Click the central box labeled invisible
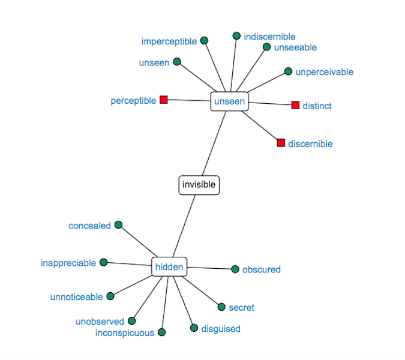(199, 185)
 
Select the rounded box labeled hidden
(169, 267)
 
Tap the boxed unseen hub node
(229, 101)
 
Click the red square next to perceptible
(164, 100)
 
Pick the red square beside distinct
(295, 106)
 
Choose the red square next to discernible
(281, 143)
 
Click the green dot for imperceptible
(204, 41)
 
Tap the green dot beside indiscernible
(236, 36)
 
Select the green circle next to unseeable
(267, 47)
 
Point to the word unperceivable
(324, 72)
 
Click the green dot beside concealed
(118, 225)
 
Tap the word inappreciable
(68, 263)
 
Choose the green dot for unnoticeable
(110, 296)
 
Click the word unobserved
(100, 322)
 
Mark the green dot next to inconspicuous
(161, 332)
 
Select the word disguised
(221, 329)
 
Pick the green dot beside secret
(221, 307)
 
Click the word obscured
(261, 270)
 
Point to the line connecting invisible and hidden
(184, 226)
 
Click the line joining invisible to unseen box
(214, 144)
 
